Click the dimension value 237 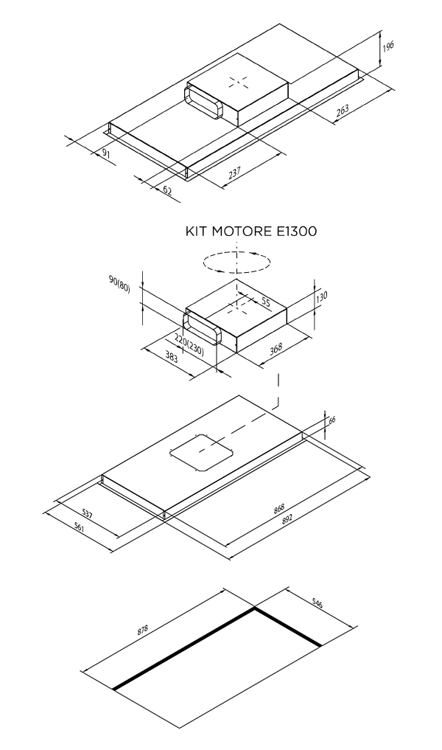(234, 173)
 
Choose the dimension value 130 (322, 296)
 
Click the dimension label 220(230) (189, 344)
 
